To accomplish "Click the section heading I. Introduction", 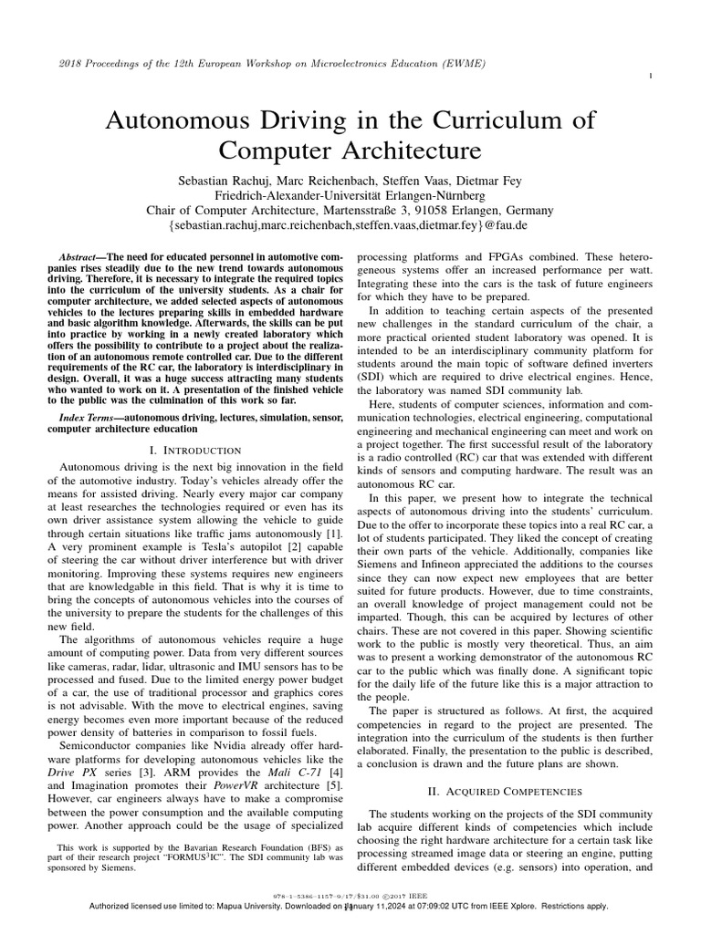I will click(194, 451).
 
